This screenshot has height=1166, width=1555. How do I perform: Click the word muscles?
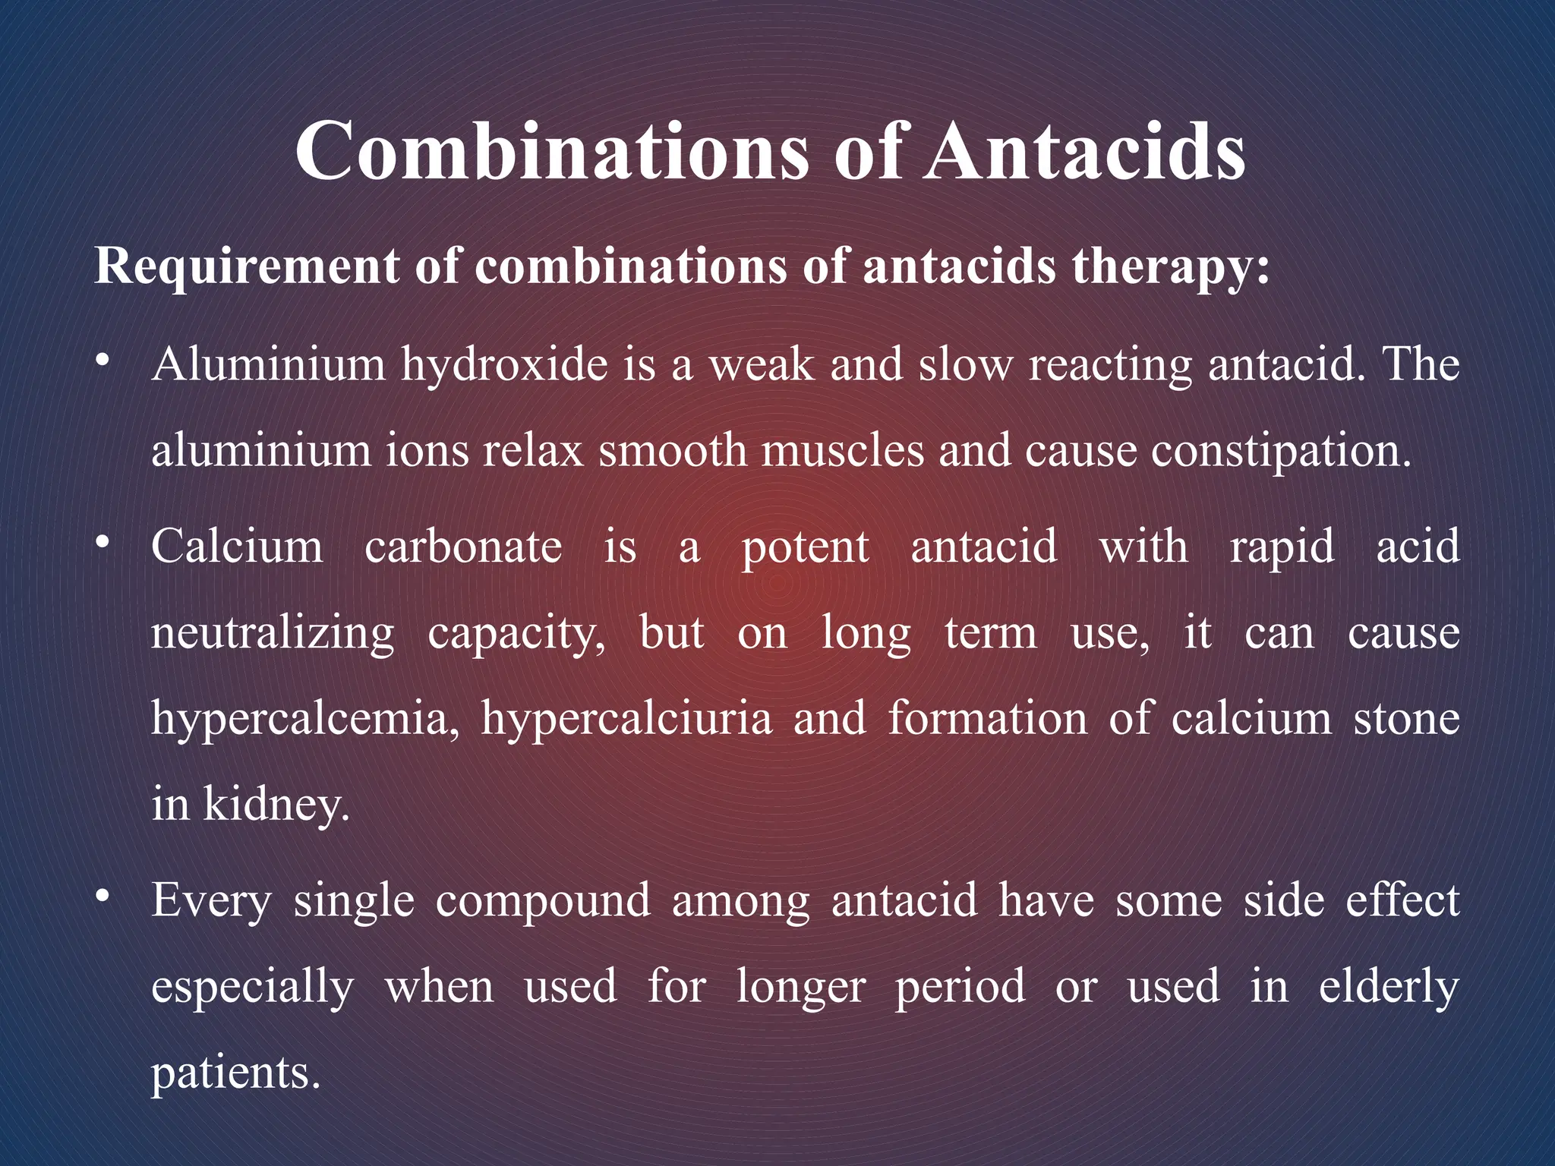tap(843, 450)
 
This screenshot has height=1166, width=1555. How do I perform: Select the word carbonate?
tap(463, 547)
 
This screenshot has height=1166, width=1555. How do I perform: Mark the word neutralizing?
tap(273, 634)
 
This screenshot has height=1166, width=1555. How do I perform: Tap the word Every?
tap(211, 902)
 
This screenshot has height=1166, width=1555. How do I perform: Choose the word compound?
tap(543, 902)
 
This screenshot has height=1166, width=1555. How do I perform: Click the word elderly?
tap(1389, 987)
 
